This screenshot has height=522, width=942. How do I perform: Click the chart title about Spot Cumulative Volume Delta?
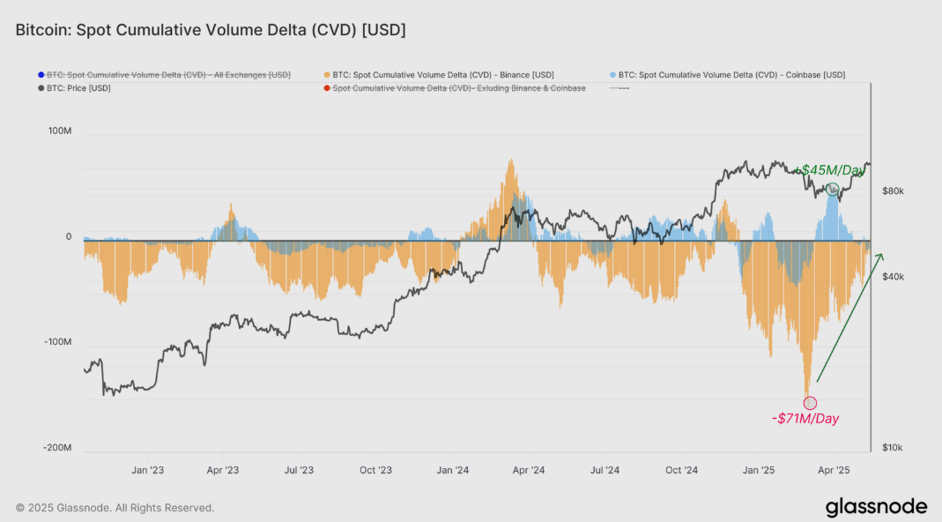[x=211, y=30]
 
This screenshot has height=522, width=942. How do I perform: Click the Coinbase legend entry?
[x=731, y=75]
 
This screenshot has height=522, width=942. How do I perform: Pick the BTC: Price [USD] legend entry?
[x=78, y=88]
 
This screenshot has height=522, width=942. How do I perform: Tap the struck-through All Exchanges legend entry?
[x=168, y=75]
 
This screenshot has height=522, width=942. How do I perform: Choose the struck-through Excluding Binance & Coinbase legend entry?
[x=459, y=88]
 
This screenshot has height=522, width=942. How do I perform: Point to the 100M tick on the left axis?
[x=60, y=131]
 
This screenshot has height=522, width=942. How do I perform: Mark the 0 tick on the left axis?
[x=68, y=237]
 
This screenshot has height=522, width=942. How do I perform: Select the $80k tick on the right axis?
[x=893, y=191]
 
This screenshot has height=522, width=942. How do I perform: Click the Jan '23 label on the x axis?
[x=147, y=471]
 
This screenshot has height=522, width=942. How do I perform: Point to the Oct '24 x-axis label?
[x=681, y=471]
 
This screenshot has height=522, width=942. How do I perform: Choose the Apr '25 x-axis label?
[x=834, y=471]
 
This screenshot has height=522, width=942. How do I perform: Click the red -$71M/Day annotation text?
[x=805, y=419]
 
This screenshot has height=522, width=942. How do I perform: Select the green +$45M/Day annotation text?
[x=830, y=170]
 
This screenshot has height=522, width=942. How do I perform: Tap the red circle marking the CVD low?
[x=810, y=403]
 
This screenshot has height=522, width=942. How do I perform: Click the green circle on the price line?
[x=832, y=189]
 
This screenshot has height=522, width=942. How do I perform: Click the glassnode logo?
[x=876, y=507]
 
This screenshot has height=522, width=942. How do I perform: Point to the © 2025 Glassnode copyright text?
[x=115, y=508]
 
